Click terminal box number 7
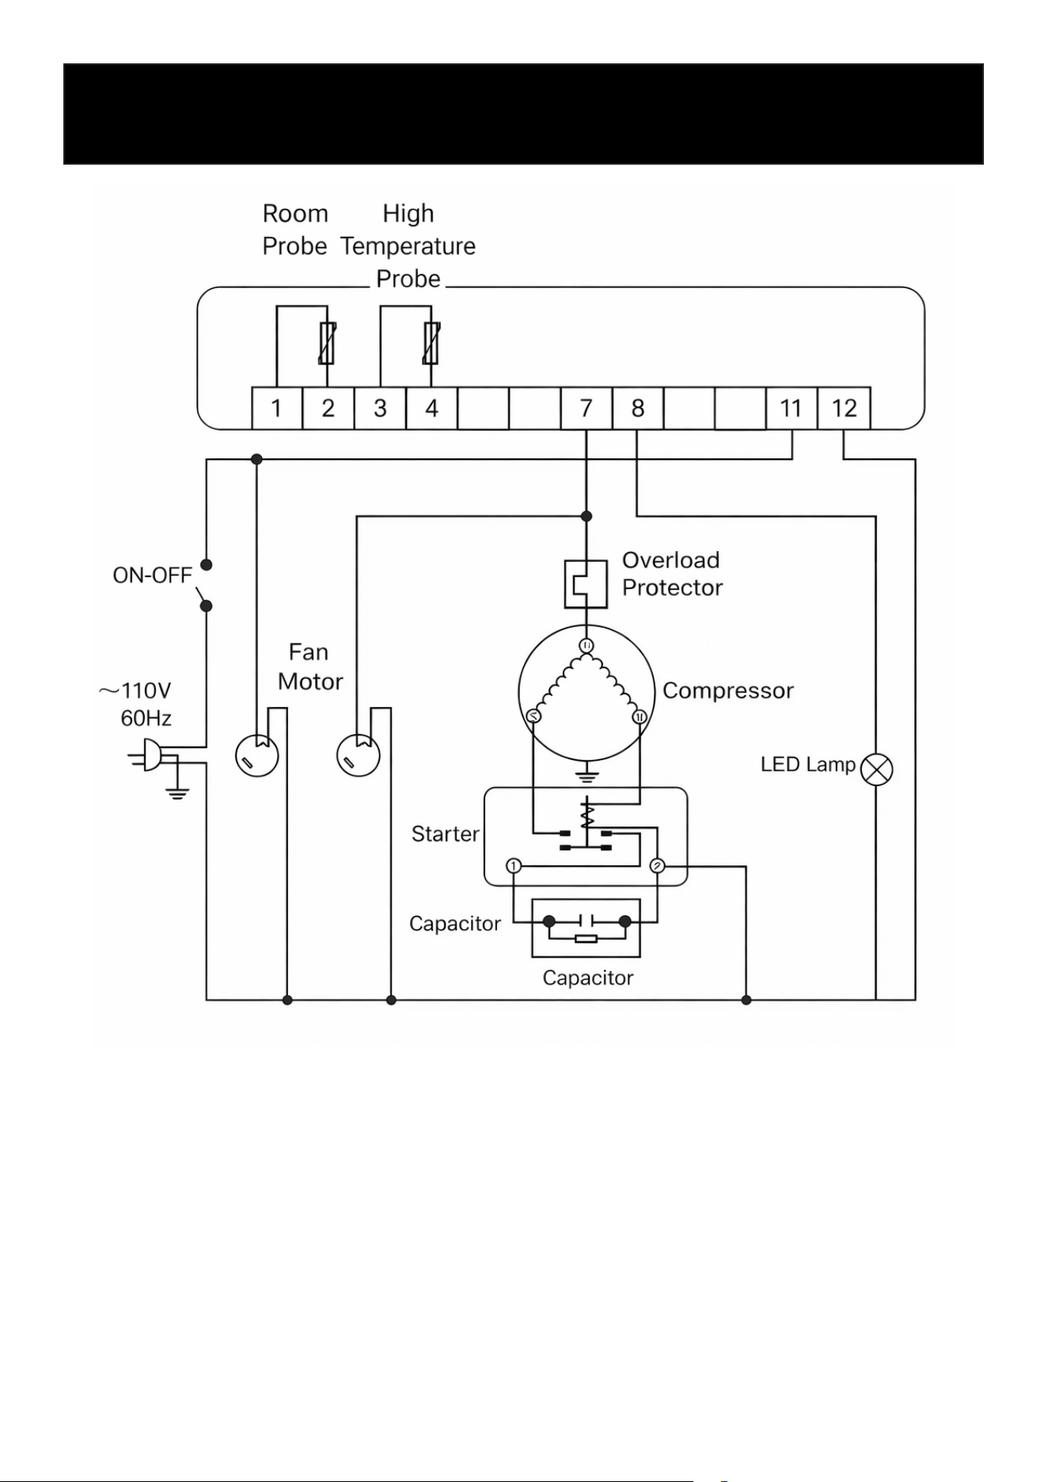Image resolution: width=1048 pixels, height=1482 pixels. pos(586,408)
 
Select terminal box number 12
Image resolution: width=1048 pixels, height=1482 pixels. pos(844,408)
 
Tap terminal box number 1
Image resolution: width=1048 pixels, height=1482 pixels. pos(277,408)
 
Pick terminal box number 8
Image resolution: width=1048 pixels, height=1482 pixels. pos(638,408)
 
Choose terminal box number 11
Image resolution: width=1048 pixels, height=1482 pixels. pos(792,408)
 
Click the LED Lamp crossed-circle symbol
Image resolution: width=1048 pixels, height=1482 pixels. pos(876,769)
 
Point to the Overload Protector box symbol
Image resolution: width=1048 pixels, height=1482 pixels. pos(586,584)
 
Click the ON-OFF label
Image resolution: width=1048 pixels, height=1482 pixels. pos(152,576)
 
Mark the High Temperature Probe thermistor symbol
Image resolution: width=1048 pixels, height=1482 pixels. pos(431,344)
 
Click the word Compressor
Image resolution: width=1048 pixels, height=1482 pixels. pos(728,690)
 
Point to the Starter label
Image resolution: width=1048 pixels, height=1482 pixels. pos(446,834)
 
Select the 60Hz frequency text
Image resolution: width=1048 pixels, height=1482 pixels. pos(146,718)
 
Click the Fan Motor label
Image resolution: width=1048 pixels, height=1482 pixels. pos(309,667)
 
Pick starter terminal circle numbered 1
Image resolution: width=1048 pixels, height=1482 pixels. pos(514,865)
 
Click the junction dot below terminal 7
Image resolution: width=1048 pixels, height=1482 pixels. pos(587,516)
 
